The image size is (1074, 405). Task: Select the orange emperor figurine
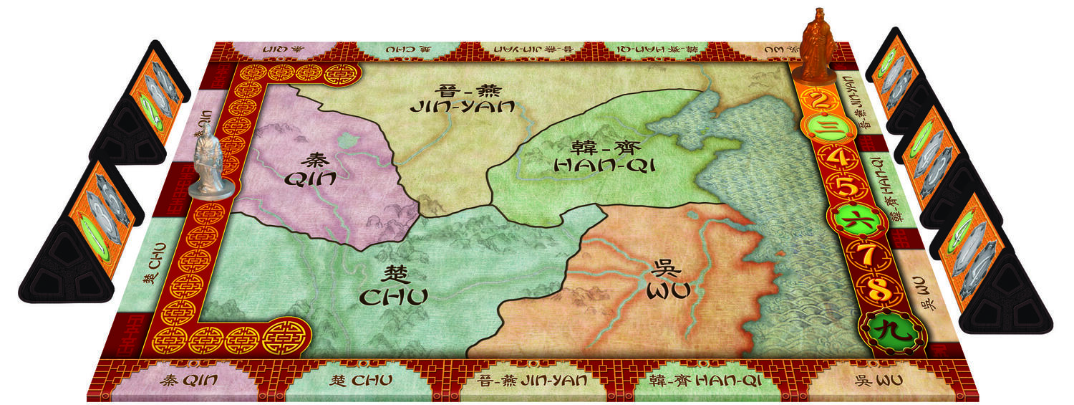tap(816, 42)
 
